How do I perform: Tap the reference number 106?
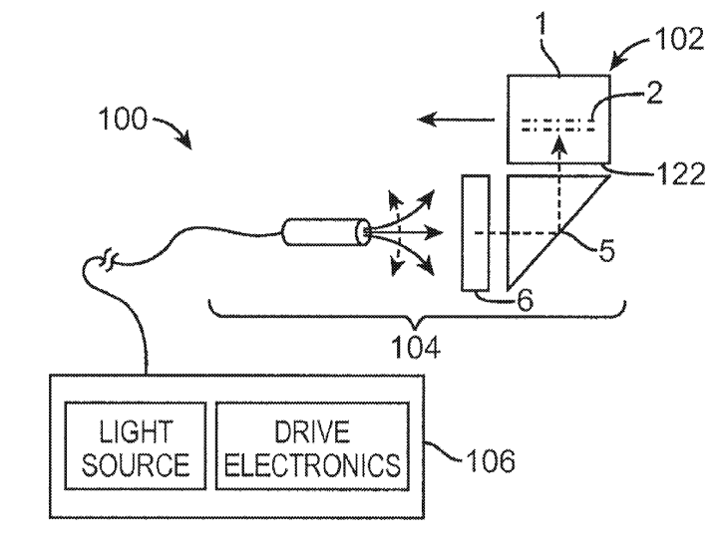(489, 463)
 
